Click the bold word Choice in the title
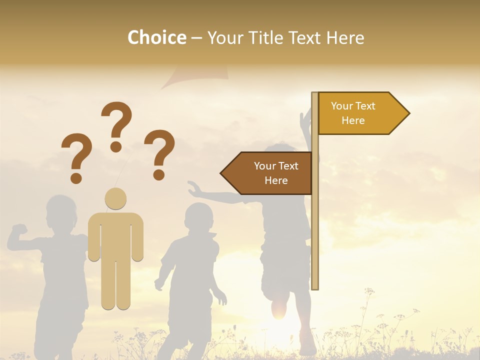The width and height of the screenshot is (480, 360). (156, 38)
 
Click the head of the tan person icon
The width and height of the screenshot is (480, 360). (115, 199)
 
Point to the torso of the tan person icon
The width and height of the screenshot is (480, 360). (115, 235)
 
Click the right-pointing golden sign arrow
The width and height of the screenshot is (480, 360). (360, 113)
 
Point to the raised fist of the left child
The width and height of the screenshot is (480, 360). (19, 229)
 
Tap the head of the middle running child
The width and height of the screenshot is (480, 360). (198, 219)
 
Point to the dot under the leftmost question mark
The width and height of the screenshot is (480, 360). (76, 177)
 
